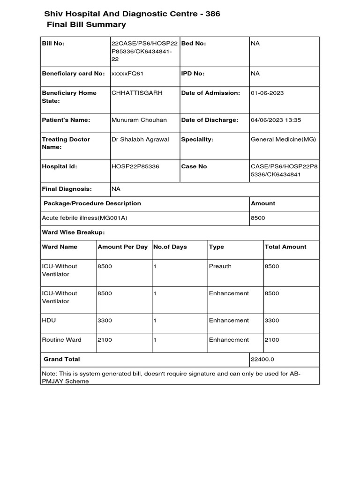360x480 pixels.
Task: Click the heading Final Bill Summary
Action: point(86,25)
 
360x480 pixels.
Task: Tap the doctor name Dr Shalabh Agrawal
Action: point(140,139)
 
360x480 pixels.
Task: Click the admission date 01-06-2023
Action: point(267,93)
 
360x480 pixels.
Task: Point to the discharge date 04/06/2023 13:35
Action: point(276,120)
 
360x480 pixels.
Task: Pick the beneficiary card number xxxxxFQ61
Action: point(127,74)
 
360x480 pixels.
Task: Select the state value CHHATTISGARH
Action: point(137,93)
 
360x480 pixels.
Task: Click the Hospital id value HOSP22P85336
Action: point(135,166)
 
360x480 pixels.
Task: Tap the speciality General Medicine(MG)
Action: point(283,139)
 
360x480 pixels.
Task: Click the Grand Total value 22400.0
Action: point(263,360)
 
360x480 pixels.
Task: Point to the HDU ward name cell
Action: point(49,320)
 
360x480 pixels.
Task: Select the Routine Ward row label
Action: point(61,340)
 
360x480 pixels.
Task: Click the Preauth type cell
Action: point(220,266)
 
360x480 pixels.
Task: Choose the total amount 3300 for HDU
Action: point(272,320)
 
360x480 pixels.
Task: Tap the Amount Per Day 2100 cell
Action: point(105,340)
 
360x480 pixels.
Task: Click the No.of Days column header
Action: point(170,247)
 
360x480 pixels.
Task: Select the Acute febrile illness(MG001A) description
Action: point(85,218)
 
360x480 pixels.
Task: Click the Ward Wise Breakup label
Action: point(73,232)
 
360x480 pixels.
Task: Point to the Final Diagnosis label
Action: point(67,189)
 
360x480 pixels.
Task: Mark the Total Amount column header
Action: point(285,247)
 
